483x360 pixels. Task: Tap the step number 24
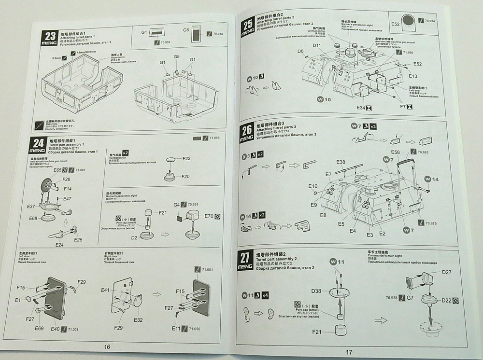pyautogui.click(x=38, y=143)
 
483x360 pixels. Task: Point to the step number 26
pyautogui.click(x=246, y=130)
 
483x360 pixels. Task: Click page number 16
pyautogui.click(x=107, y=346)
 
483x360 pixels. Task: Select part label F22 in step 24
pyautogui.click(x=187, y=159)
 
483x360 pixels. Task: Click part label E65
pyautogui.click(x=58, y=170)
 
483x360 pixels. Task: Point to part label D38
pyautogui.click(x=316, y=291)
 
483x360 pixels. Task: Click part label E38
pyautogui.click(x=341, y=162)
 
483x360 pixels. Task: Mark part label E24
pyautogui.click(x=60, y=245)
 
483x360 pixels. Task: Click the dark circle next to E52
pyautogui.click(x=408, y=21)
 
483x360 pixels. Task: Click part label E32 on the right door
pyautogui.click(x=138, y=319)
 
